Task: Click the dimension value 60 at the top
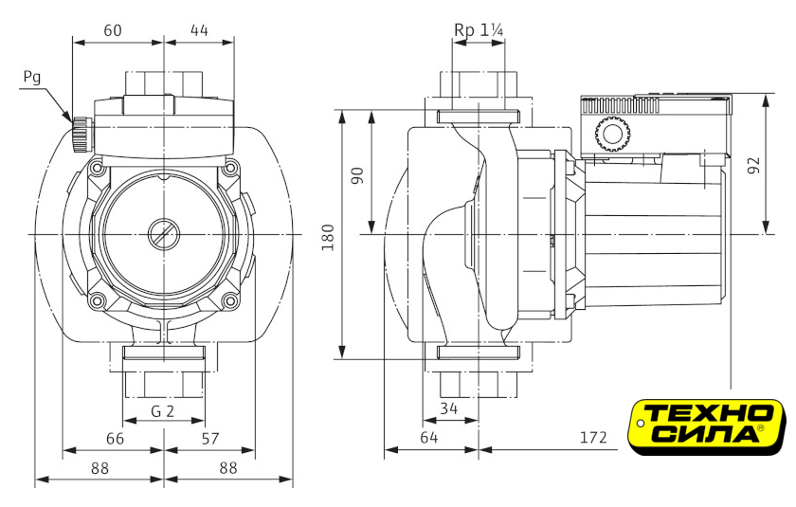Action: pyautogui.click(x=113, y=29)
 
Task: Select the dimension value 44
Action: pyautogui.click(x=199, y=29)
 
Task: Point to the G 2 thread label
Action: pyautogui.click(x=163, y=411)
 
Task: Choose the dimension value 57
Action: pyautogui.click(x=210, y=438)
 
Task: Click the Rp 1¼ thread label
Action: pyautogui.click(x=479, y=30)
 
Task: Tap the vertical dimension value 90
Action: pyautogui.click(x=358, y=175)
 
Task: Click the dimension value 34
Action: pyautogui.click(x=448, y=409)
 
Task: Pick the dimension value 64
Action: pyautogui.click(x=429, y=438)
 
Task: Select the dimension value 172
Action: pyautogui.click(x=592, y=438)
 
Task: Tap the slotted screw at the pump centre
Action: pyautogui.click(x=163, y=233)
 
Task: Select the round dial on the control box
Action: pyautogui.click(x=611, y=136)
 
